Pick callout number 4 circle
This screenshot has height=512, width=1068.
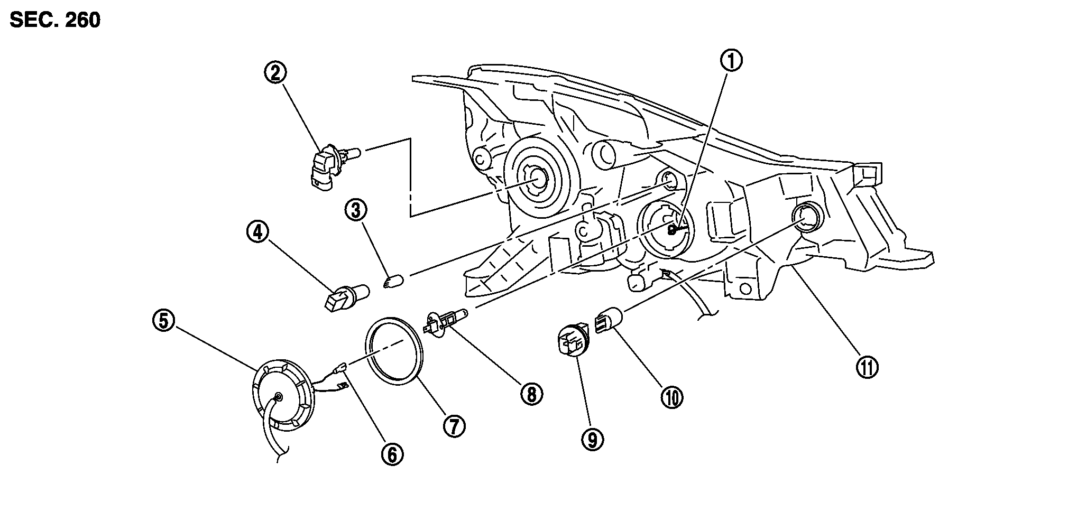tap(257, 232)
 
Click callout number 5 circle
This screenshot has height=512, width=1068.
tap(163, 321)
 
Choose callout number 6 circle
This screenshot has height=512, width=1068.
tap(392, 454)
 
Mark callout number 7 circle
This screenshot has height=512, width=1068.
tap(454, 425)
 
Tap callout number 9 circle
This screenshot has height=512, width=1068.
tap(592, 438)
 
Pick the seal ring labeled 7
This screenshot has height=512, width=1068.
tap(395, 349)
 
